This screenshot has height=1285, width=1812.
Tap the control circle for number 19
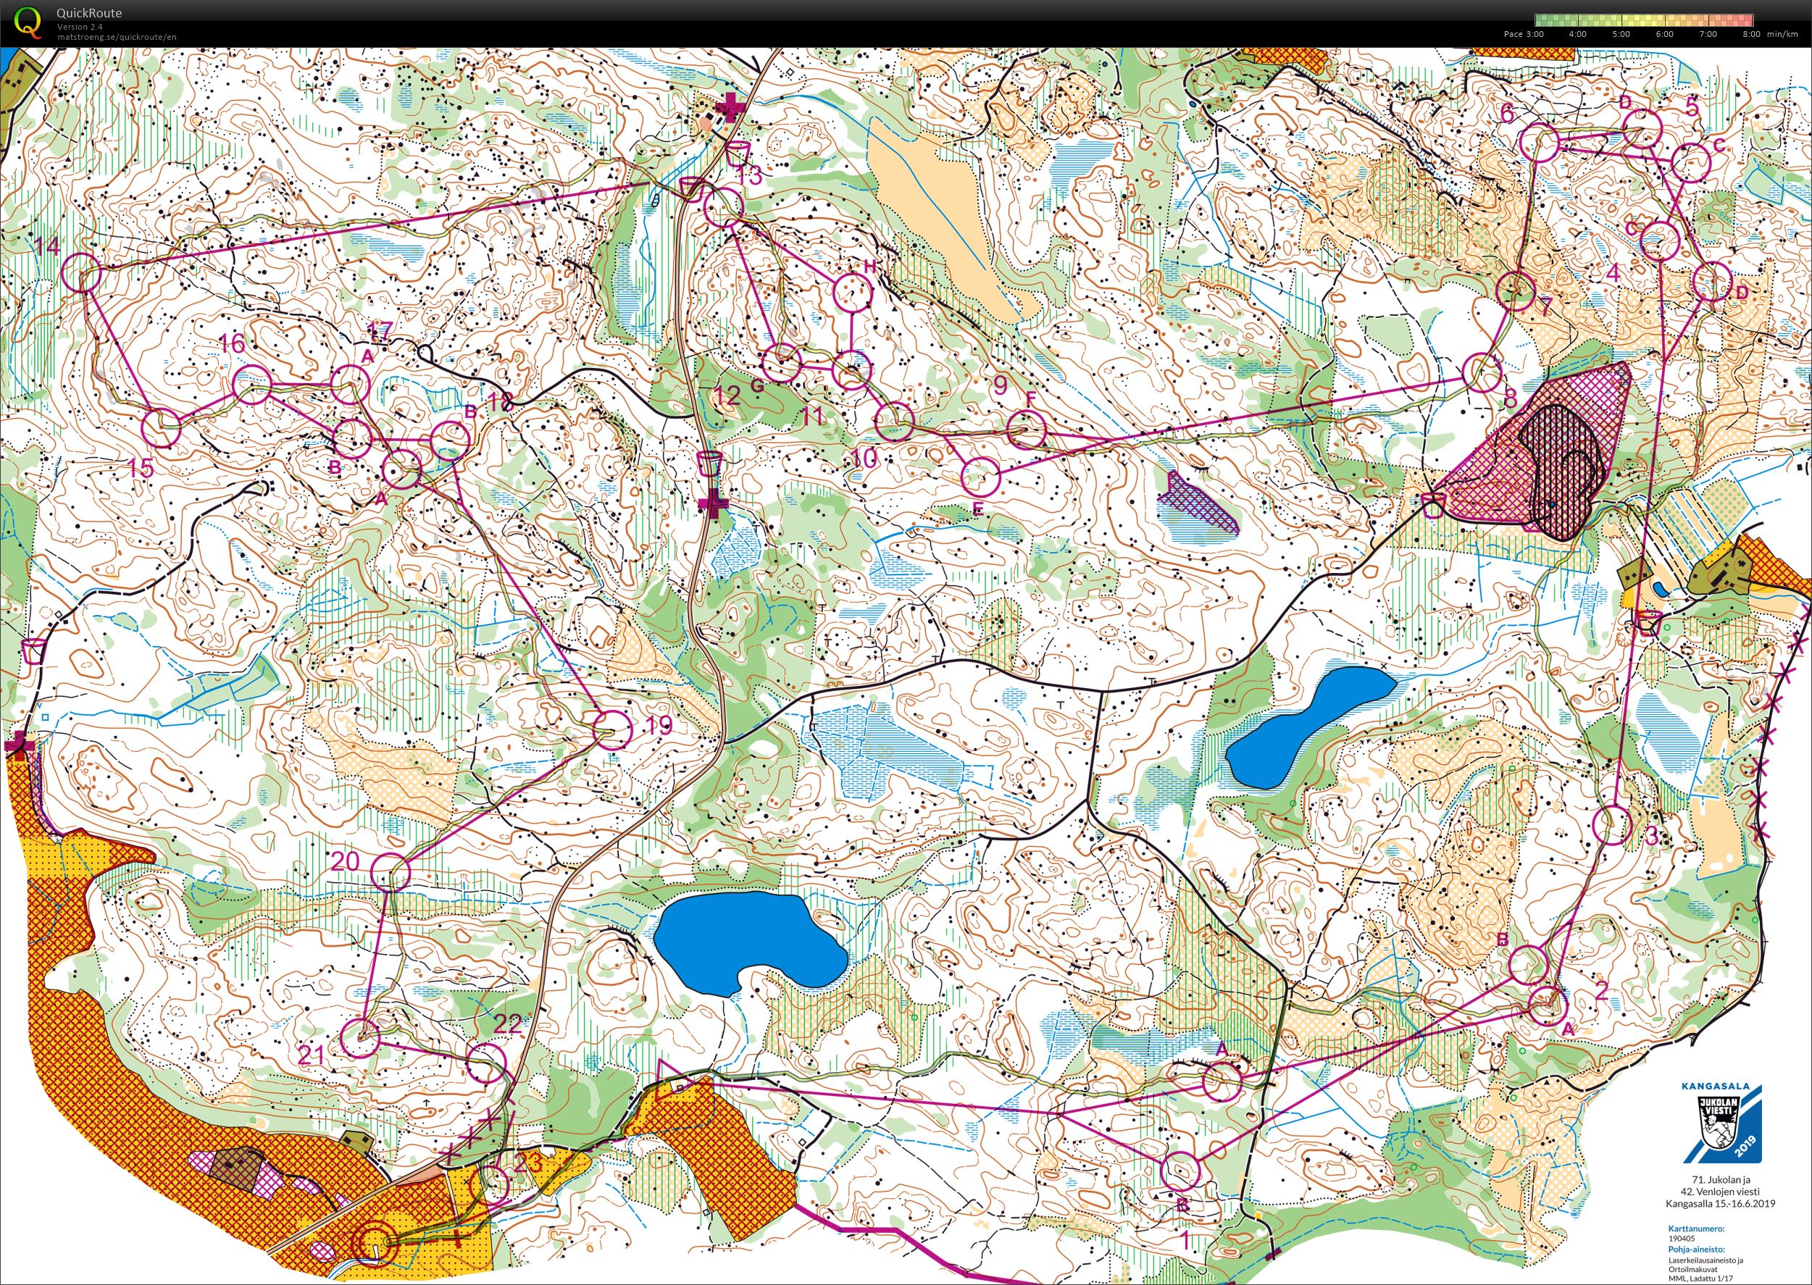click(613, 729)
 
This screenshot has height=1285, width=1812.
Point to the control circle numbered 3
click(1611, 825)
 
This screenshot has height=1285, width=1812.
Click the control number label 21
click(312, 1055)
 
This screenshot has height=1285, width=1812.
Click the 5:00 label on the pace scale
click(1620, 34)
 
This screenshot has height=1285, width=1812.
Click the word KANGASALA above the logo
click(1716, 1087)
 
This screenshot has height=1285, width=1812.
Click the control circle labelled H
click(853, 293)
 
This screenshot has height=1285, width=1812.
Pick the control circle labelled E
click(981, 477)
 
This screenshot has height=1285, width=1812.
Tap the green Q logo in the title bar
click(28, 20)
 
